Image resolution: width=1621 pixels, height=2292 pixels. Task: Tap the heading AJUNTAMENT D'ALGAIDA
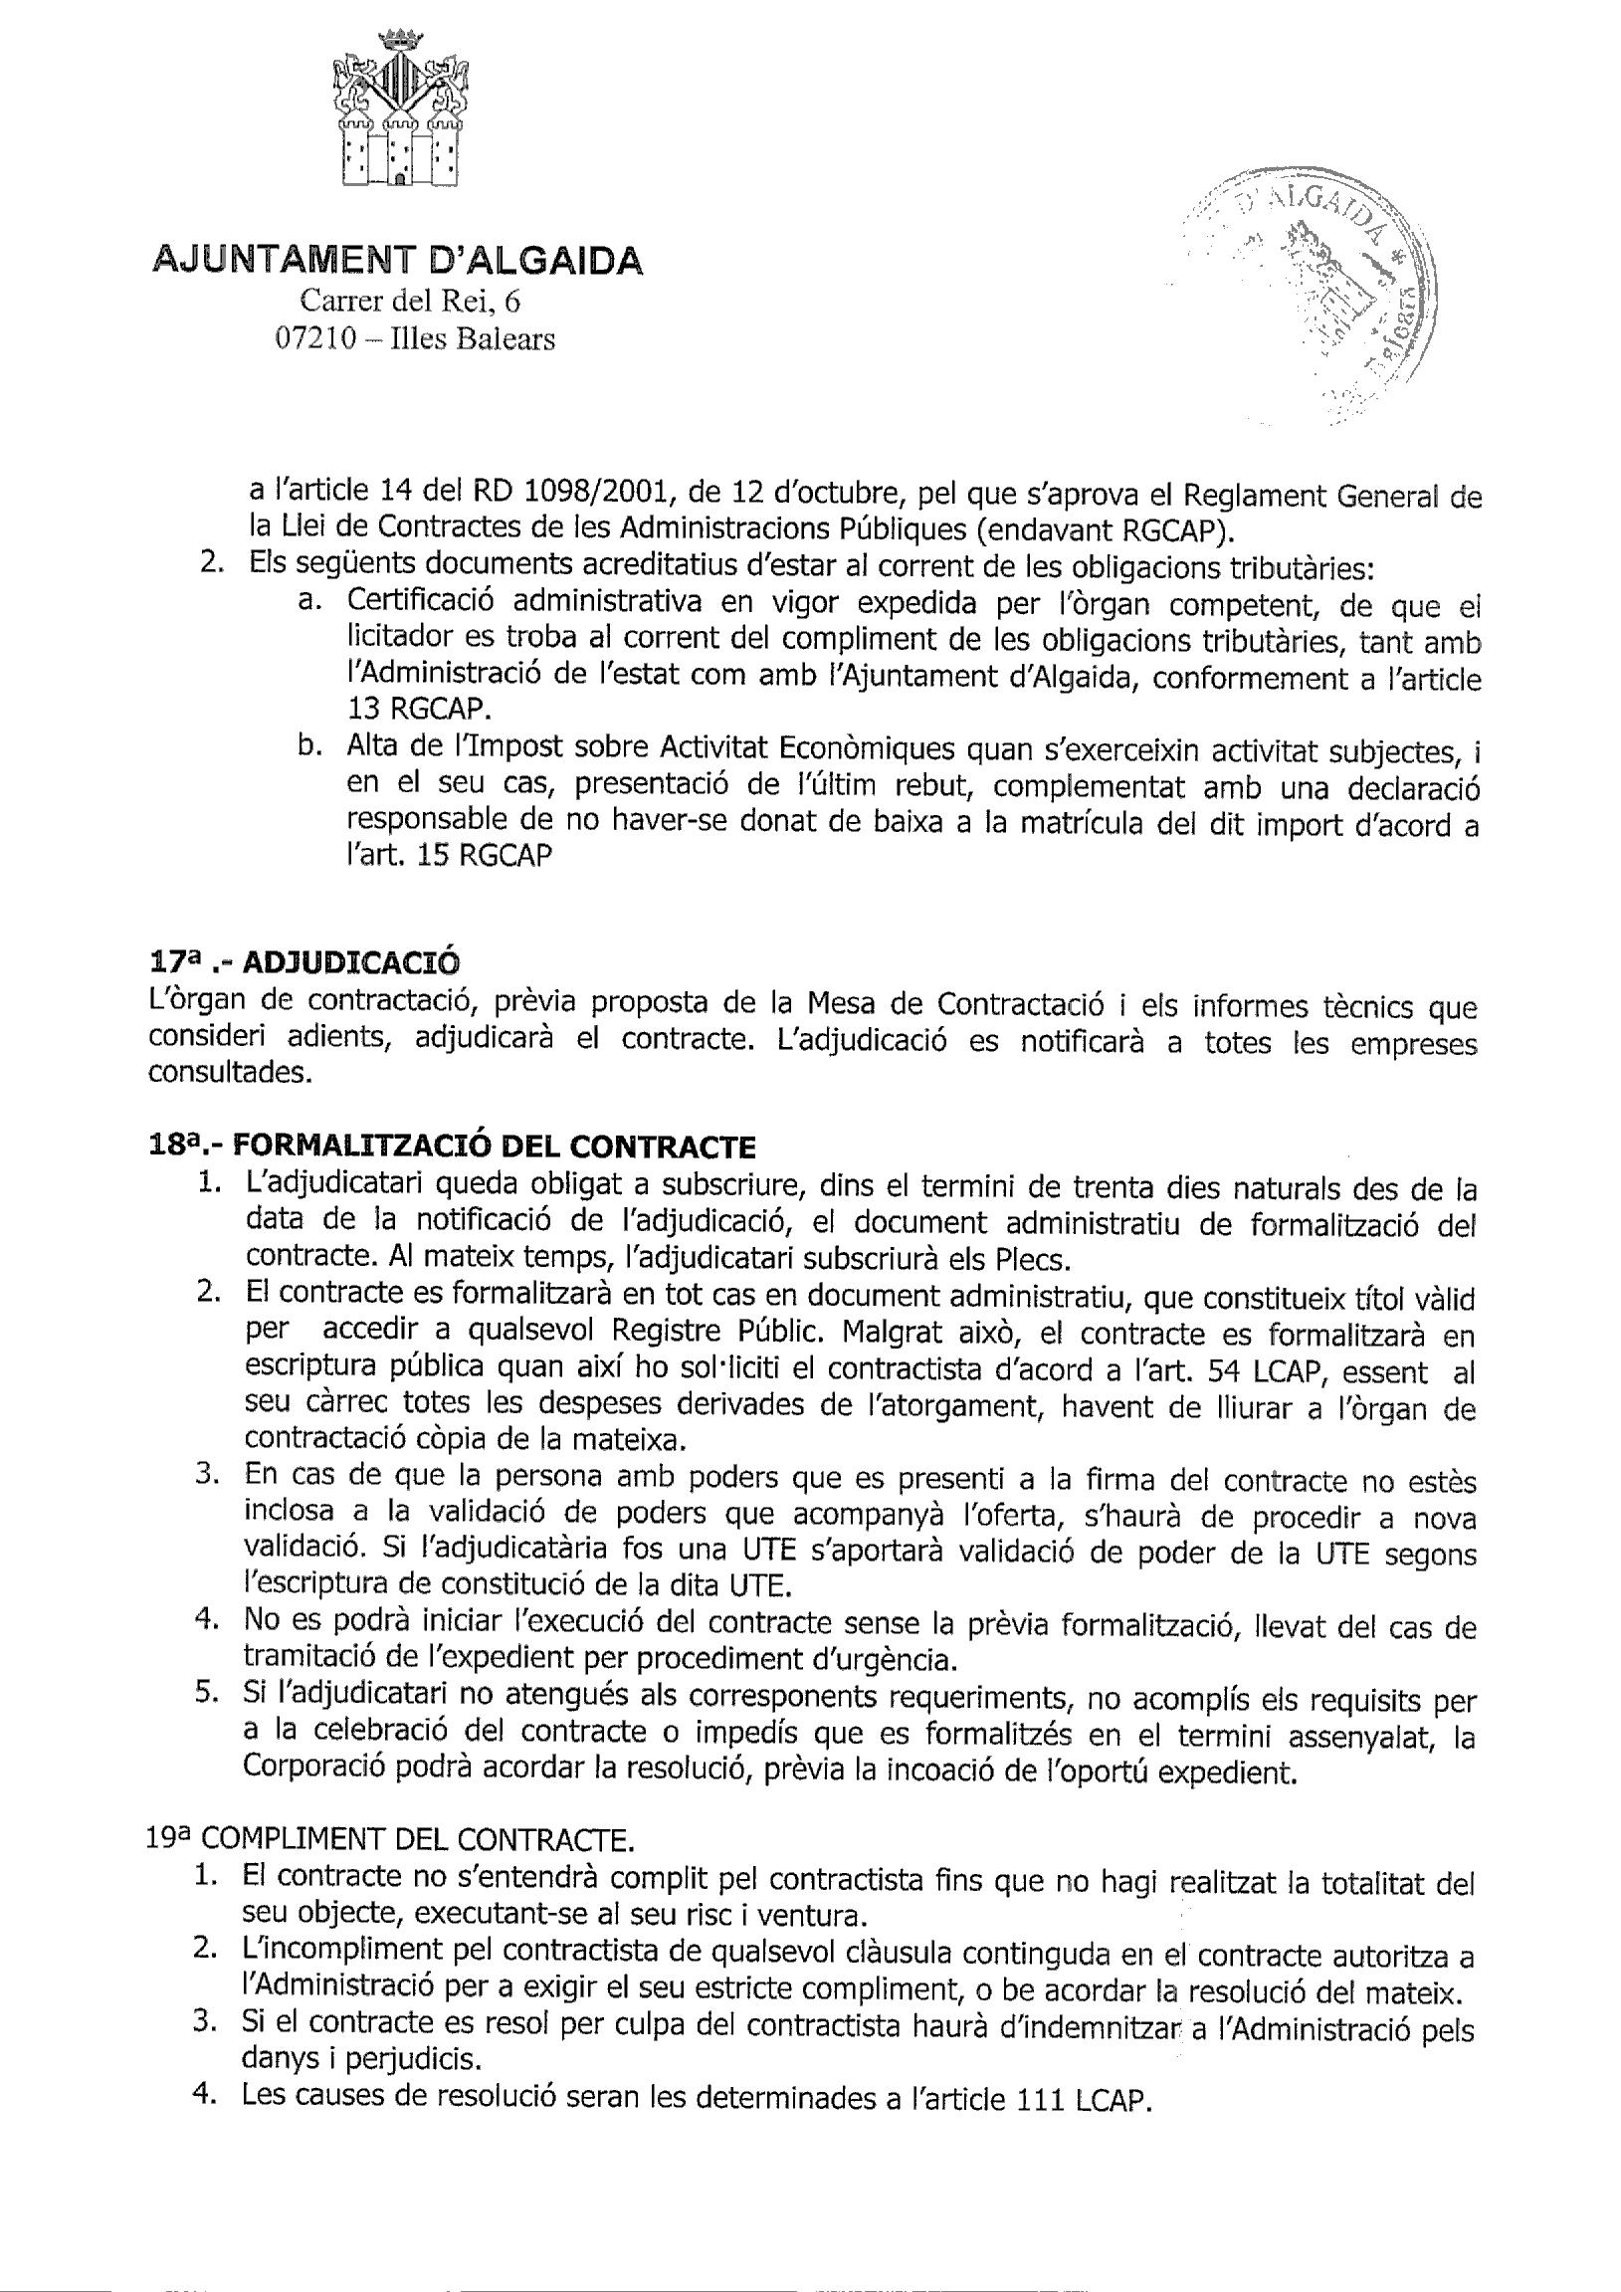[x=397, y=262]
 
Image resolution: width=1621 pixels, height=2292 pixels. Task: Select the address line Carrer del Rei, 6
[x=410, y=301]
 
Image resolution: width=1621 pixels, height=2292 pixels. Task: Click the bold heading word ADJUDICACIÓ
[x=352, y=962]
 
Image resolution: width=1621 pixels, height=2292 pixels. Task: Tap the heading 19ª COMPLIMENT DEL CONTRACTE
[x=388, y=1839]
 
